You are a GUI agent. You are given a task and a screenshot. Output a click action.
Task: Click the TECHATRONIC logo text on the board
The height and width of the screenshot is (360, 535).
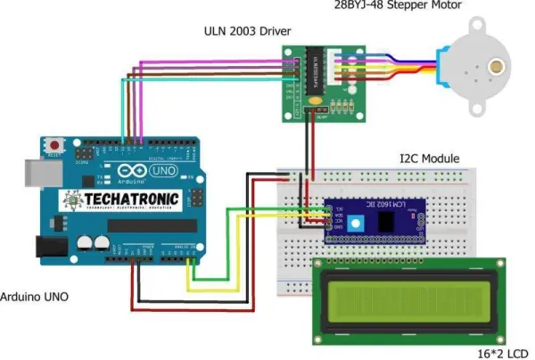tap(121, 200)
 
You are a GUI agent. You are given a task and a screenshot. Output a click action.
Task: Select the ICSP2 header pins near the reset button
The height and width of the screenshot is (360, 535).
tap(82, 157)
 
